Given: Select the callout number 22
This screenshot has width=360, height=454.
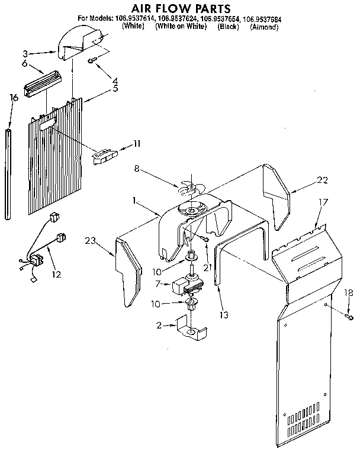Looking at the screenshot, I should pos(321,181).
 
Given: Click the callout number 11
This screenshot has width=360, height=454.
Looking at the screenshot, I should pos(137,143).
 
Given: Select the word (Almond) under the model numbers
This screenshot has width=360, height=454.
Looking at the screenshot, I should pos(263,27).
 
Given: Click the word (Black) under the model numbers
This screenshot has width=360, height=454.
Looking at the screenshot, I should pos(229,27).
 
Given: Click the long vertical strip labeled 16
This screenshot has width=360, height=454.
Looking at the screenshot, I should pos(9,171).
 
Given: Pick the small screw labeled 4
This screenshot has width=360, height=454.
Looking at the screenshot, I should pos(93,61).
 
